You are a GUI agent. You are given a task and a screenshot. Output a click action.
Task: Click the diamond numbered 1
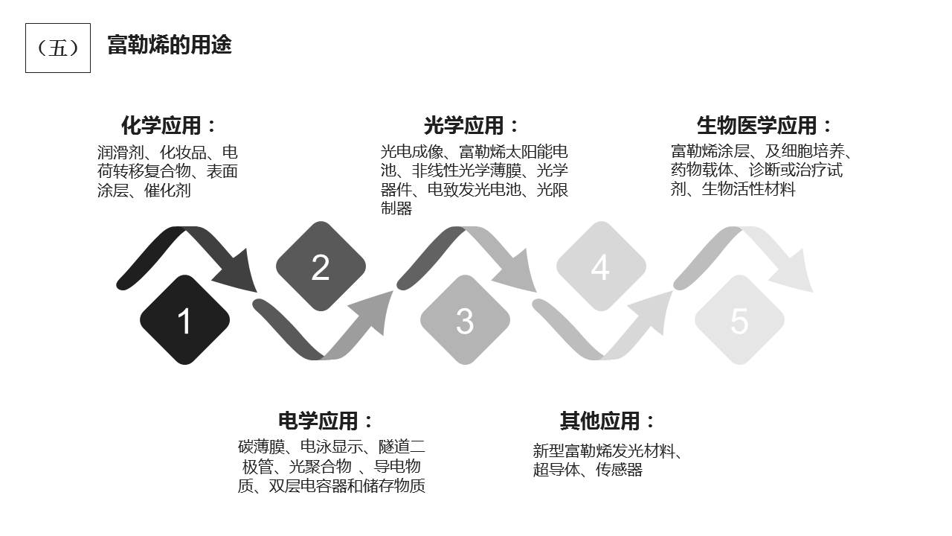click(185, 320)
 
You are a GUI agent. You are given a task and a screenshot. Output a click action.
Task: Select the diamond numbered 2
click(321, 267)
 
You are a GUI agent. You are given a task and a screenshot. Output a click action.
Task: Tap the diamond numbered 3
click(466, 320)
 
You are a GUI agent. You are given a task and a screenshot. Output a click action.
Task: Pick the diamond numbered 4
click(602, 267)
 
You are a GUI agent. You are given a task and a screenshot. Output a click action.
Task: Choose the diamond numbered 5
click(740, 320)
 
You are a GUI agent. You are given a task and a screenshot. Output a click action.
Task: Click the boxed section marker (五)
click(58, 48)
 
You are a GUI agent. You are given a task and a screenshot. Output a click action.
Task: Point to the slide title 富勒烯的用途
click(170, 45)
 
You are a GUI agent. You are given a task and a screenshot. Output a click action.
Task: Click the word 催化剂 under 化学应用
click(167, 190)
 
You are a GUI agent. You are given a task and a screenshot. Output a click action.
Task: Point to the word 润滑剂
click(120, 153)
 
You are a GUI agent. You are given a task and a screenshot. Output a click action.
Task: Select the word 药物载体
click(702, 170)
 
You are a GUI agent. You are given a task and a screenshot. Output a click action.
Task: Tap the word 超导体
click(556, 470)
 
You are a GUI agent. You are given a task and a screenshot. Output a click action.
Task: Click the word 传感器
click(619, 470)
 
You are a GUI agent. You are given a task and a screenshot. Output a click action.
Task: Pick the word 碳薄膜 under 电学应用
click(261, 447)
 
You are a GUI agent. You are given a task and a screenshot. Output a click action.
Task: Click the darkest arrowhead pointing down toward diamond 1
click(237, 272)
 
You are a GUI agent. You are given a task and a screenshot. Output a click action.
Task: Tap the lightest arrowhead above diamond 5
click(792, 272)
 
